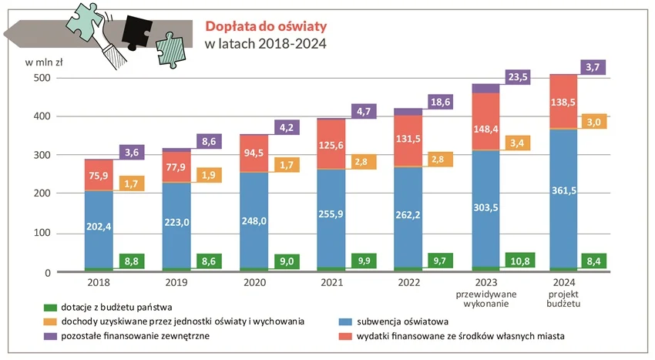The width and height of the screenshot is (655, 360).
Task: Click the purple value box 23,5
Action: click(520, 76)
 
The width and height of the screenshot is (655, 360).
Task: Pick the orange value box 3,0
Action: click(593, 122)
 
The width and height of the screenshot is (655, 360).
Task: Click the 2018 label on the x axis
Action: click(99, 284)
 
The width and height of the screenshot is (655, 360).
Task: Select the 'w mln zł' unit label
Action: click(44, 62)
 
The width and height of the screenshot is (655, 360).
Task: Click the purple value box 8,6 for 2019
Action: click(210, 141)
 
